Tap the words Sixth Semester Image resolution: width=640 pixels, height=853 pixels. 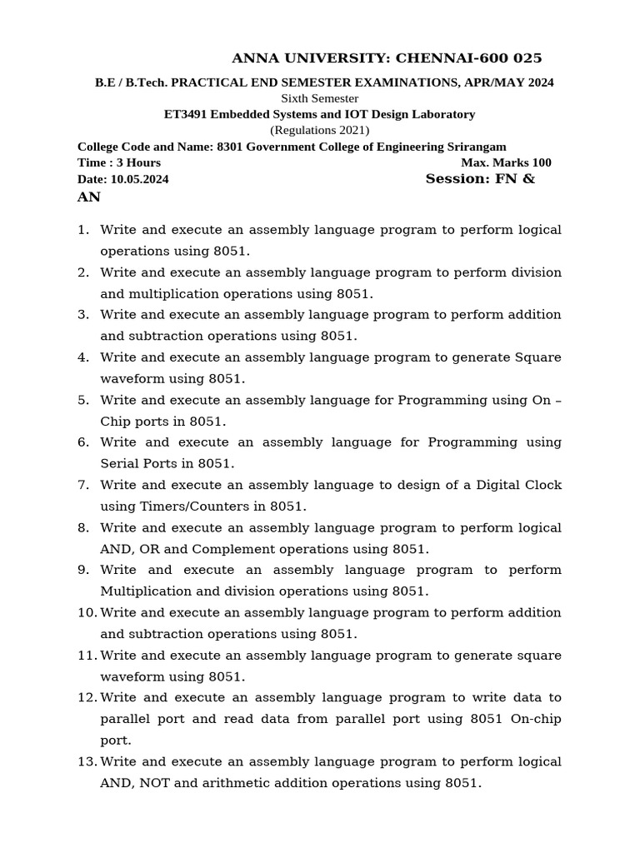[x=319, y=98]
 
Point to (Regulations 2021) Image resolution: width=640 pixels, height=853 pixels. [x=319, y=130]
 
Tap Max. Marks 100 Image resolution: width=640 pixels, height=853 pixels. [x=506, y=162]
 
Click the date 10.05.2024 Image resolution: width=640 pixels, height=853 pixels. [x=139, y=179]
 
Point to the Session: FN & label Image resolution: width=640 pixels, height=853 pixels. [x=480, y=179]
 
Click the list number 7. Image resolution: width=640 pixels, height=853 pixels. [x=82, y=485]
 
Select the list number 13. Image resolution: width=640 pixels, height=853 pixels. [x=86, y=761]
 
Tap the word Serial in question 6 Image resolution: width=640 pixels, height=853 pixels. [x=120, y=463]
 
